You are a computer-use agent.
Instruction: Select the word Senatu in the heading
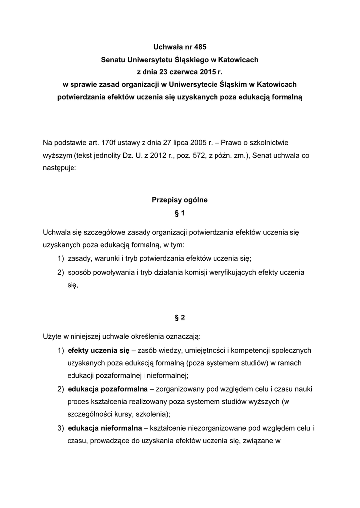click(113, 60)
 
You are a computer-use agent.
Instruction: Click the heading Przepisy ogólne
click(179, 201)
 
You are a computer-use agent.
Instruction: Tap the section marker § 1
click(179, 213)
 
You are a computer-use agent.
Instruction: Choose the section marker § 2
click(179, 317)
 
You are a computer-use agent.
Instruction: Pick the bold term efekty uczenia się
click(98, 350)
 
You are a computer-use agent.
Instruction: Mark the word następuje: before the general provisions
click(60, 168)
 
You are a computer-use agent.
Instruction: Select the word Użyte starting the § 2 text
click(53, 336)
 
